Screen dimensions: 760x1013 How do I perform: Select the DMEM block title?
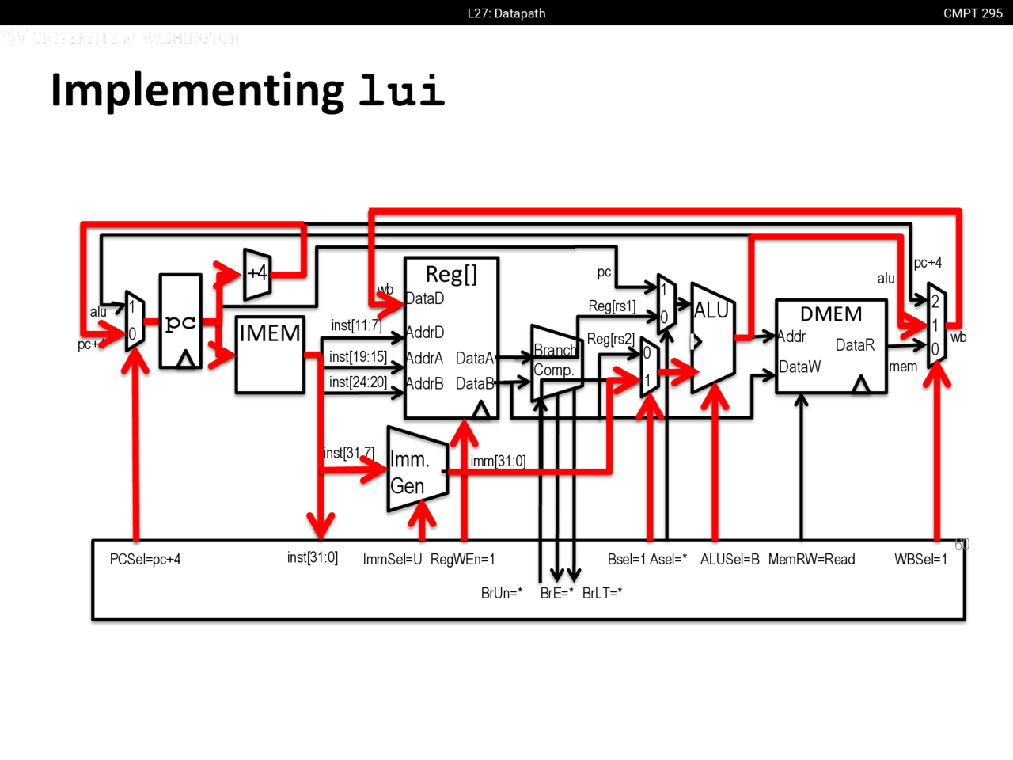831,314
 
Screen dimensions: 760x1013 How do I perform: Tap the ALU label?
711,310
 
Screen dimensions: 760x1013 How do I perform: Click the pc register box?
180,321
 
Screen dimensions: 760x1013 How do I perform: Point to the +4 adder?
257,274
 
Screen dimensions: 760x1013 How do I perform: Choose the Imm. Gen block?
416,472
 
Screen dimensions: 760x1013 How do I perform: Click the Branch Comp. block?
556,361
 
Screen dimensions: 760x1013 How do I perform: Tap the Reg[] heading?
451,274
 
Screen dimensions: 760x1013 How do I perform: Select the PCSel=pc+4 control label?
145,560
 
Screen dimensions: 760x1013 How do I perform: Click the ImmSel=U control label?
392,560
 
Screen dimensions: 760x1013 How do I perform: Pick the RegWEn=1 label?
463,560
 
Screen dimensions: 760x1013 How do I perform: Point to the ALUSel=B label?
730,560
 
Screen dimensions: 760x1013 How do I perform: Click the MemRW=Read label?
811,560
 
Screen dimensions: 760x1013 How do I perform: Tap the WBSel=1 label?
920,560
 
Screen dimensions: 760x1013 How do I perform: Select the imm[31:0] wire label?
498,461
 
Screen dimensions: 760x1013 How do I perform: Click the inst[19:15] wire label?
358,357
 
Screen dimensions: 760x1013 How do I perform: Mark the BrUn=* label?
502,593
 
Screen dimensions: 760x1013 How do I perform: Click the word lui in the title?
401,90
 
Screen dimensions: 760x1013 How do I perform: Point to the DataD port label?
425,298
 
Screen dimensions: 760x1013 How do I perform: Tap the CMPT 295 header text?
973,13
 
